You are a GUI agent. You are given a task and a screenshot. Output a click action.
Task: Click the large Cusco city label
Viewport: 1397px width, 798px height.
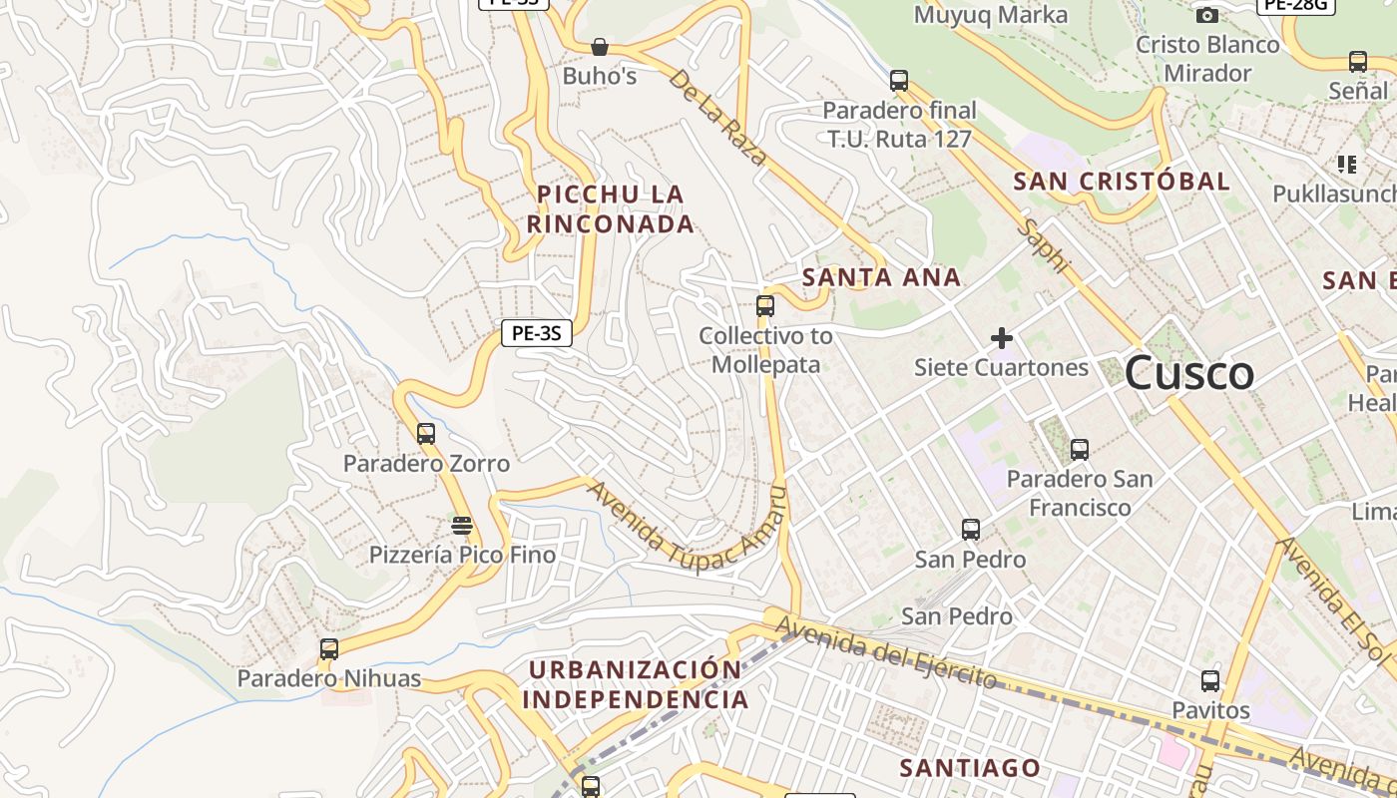click(1188, 374)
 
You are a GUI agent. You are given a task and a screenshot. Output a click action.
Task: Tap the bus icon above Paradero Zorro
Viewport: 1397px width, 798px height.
click(426, 434)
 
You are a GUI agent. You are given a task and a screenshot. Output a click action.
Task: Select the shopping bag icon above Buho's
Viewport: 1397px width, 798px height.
click(600, 47)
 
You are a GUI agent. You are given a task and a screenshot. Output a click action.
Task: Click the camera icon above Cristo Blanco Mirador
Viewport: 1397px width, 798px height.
click(1206, 15)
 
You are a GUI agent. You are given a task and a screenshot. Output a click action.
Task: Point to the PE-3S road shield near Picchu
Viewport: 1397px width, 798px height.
click(536, 333)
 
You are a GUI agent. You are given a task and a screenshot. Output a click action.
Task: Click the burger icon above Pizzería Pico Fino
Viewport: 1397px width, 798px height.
click(461, 525)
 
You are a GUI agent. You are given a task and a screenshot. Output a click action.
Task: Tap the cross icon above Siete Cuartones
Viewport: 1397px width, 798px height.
click(1002, 338)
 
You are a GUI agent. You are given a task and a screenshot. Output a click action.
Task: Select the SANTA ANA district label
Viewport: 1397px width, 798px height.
click(882, 277)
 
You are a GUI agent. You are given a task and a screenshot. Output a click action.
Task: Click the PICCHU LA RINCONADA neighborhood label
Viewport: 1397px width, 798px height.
click(611, 208)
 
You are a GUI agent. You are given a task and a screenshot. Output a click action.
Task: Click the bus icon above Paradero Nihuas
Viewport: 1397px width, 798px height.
click(329, 649)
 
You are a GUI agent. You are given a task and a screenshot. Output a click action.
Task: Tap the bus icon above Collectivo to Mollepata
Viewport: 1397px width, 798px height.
click(765, 306)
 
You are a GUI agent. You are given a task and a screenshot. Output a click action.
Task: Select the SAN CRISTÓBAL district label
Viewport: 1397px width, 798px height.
click(1122, 182)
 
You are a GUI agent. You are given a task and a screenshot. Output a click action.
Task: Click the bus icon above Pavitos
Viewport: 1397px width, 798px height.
click(1210, 681)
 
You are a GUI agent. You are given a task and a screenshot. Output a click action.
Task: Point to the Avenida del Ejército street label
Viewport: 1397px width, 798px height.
click(886, 653)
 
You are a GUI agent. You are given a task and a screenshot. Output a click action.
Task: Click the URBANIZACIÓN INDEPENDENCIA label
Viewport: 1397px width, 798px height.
click(635, 683)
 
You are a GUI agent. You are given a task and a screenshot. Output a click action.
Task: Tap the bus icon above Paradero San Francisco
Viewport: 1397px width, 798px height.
click(1079, 449)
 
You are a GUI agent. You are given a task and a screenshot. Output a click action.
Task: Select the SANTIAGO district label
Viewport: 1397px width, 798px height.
click(970, 768)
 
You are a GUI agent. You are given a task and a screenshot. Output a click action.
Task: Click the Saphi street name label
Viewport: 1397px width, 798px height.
click(1044, 246)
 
